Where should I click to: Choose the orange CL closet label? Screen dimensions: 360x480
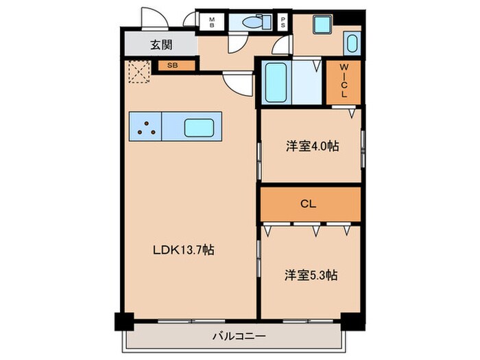point(310,204)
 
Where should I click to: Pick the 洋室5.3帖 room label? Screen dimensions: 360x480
point(311,275)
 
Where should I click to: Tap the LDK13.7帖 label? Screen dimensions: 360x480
point(183,250)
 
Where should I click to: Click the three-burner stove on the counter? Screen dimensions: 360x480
point(145,127)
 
